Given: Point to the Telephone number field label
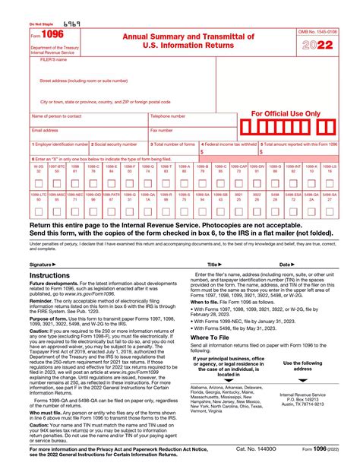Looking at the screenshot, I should coord(168,116).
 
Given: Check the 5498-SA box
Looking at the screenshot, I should coord(329,208).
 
